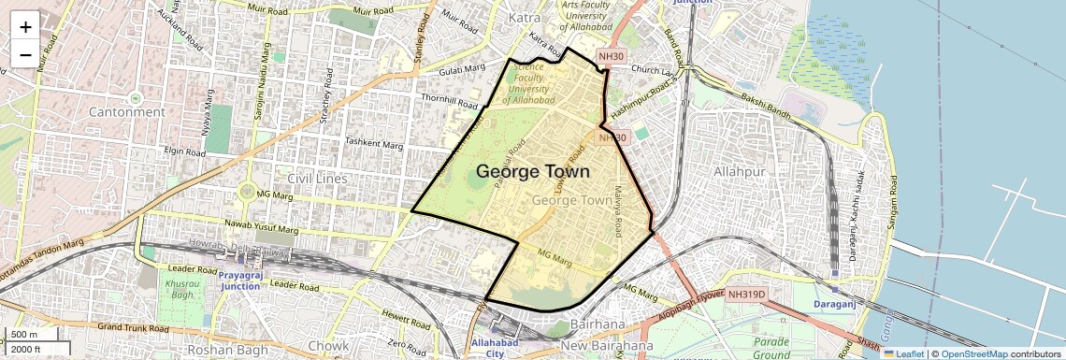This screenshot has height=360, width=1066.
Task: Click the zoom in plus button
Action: [x=25, y=26]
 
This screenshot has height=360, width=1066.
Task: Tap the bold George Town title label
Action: [x=533, y=172]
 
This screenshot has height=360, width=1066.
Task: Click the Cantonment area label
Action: [x=127, y=112]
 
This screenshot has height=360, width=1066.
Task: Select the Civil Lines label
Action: [x=317, y=179]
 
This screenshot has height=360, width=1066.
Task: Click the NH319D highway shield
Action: [x=746, y=295]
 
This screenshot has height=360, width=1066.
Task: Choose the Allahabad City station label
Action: [x=495, y=349]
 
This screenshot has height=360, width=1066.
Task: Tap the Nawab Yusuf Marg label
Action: [x=263, y=228]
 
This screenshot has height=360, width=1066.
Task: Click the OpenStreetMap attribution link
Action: [x=973, y=354]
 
